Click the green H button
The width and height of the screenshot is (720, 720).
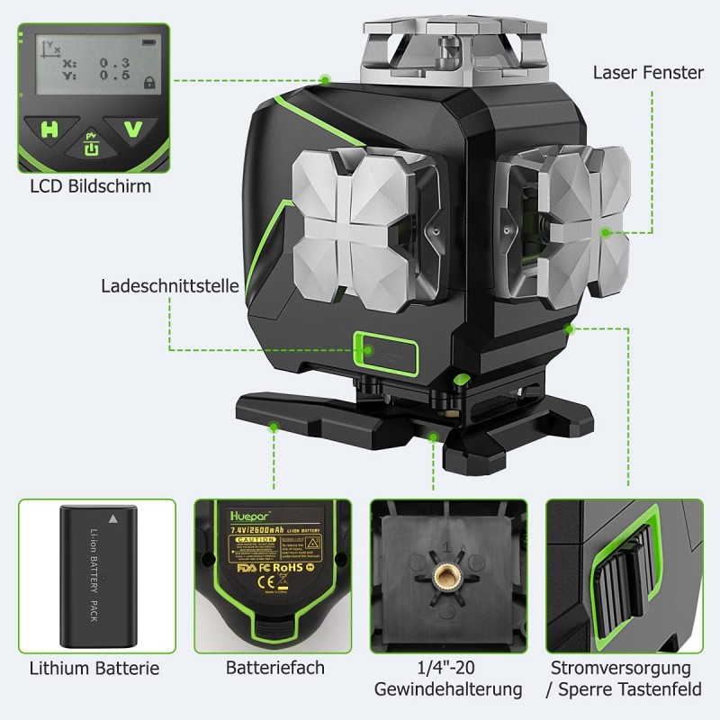49,130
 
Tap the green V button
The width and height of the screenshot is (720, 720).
132,130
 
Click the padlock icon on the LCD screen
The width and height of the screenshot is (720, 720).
148,82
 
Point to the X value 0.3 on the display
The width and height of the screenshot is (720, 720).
114,61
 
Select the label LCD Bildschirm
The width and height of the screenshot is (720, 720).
90,186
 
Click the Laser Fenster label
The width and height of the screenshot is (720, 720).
648,72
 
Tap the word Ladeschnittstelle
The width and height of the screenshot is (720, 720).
170,286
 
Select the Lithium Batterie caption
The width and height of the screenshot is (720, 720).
94,668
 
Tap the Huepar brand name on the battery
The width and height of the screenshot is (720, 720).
236,518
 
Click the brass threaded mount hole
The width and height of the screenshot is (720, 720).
445,577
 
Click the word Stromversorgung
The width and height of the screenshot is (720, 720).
622,668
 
